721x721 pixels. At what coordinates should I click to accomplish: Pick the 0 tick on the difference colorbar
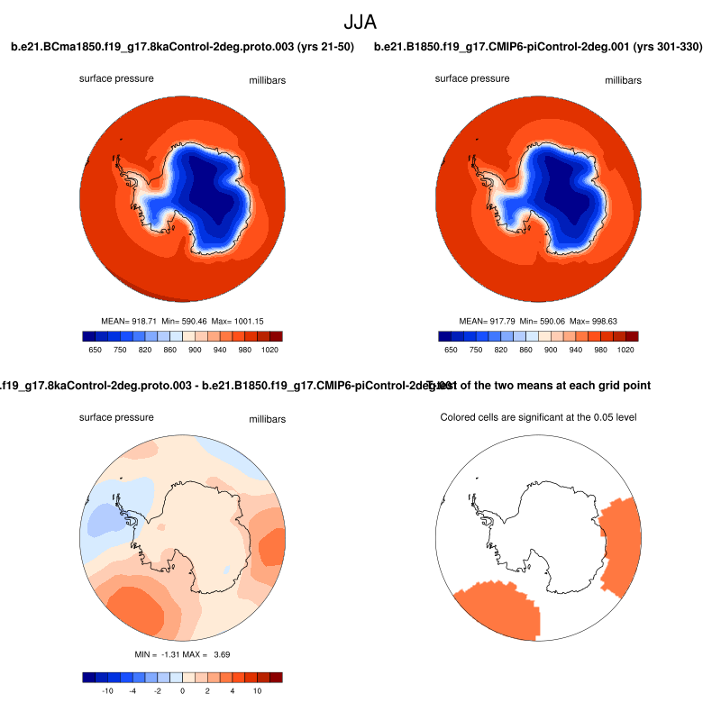pos(182,690)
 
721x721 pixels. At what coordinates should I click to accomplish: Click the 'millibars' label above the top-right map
pos(623,80)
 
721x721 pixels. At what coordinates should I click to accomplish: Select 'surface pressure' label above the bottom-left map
pos(116,418)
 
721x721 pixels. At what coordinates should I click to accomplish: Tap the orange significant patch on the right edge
pos(620,541)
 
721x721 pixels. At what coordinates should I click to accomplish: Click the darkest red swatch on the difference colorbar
pos(276,677)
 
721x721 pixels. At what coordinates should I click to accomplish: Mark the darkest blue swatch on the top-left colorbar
pos(88,336)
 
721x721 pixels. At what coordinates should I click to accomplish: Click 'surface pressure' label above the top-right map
pos(471,78)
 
